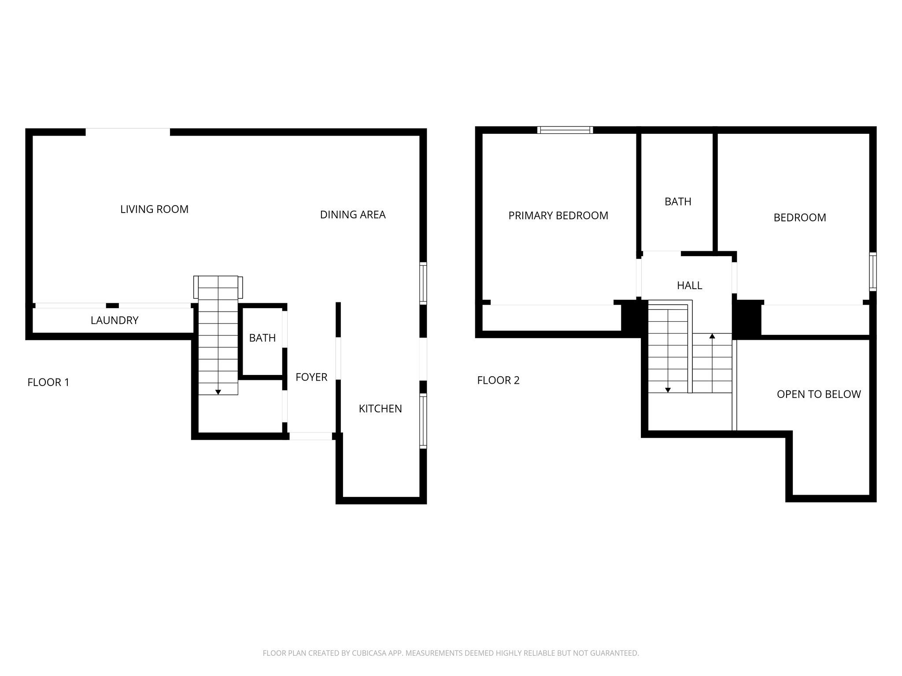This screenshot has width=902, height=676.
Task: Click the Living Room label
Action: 154,209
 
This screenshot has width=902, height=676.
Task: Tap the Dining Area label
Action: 353,215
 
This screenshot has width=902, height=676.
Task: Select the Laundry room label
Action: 115,320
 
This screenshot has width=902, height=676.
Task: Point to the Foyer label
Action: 311,377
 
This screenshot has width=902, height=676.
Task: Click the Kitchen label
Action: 381,409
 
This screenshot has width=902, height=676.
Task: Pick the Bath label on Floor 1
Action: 262,338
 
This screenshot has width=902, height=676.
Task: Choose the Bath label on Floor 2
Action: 678,202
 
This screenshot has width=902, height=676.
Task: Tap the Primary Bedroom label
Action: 558,216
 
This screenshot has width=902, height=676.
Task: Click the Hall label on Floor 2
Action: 690,286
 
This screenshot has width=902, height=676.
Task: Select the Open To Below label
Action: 819,394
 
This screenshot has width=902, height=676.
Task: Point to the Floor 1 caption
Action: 48,382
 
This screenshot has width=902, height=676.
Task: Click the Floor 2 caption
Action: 499,380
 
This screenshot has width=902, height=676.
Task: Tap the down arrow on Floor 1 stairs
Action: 218,392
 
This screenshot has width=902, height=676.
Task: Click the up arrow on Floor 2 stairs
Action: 712,336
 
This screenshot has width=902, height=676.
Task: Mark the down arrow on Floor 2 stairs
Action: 668,390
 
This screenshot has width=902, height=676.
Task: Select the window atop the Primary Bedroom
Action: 565,130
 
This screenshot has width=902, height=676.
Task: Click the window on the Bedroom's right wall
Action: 872,272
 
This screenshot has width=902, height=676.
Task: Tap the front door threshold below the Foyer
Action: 311,436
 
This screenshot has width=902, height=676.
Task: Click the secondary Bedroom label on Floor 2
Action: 800,218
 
